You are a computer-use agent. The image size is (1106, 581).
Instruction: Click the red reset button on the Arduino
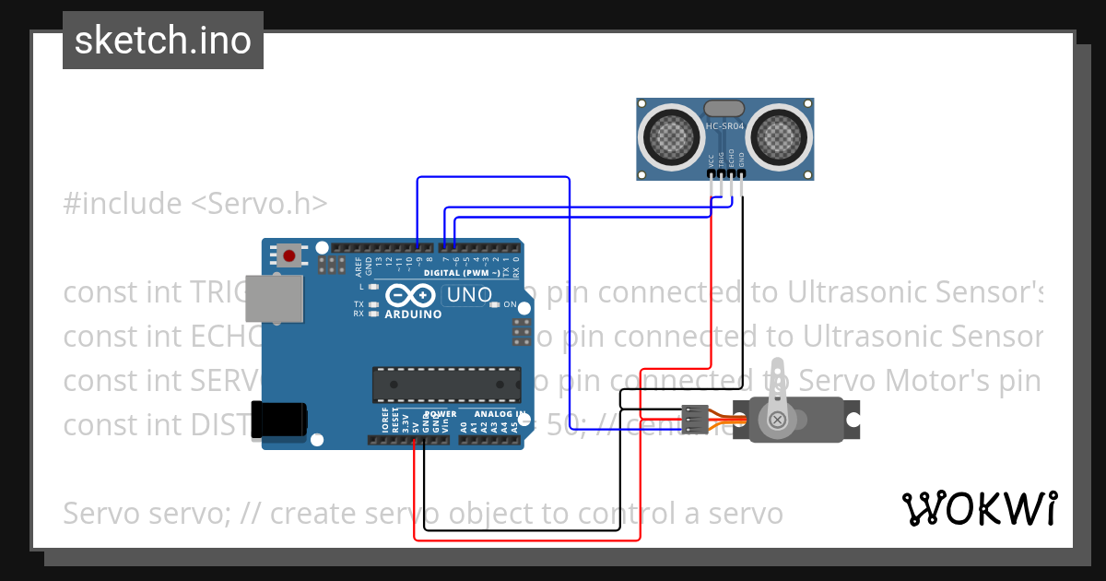point(290,255)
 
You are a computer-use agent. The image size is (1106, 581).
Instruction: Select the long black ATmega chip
point(447,385)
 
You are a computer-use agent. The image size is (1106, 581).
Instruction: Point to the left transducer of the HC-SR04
point(671,137)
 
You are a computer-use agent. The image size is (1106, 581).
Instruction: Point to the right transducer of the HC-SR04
point(780,137)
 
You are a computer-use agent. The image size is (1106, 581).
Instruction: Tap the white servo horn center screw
point(778,421)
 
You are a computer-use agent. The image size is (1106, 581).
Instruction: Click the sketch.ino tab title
point(163,41)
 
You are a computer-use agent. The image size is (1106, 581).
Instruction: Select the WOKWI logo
point(979,508)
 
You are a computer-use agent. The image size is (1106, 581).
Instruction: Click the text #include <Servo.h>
point(195,203)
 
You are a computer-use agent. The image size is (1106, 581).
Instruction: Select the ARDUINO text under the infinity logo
point(413,314)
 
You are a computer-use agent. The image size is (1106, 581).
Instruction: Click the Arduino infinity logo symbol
point(411,295)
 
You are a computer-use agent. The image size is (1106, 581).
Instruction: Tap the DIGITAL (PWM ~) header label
point(462,273)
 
